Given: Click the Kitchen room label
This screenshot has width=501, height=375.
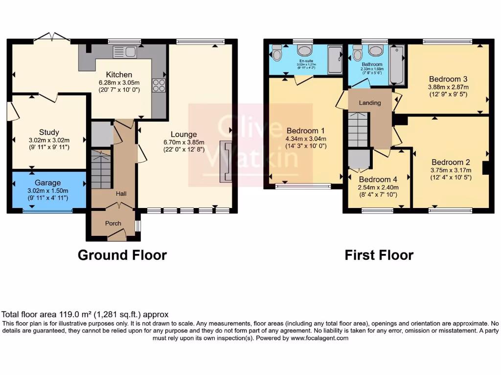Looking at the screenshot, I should [119, 75].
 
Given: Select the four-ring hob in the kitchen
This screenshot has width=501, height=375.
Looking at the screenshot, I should [159, 85].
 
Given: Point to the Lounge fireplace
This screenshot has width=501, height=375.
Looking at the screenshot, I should [227, 162].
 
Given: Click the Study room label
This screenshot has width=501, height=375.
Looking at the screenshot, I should [49, 132].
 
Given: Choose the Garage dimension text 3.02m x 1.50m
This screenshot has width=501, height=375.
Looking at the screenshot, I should [47, 191].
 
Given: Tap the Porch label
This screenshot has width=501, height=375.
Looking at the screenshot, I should [114, 223].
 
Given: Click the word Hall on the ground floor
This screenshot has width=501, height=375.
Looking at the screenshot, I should [121, 194].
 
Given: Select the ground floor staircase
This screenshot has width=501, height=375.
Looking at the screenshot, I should [102, 168].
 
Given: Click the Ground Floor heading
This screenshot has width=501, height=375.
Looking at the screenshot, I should [122, 255].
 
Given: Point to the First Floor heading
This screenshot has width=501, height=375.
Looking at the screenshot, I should [379, 255].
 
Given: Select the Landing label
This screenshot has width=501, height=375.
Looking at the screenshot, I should [370, 103].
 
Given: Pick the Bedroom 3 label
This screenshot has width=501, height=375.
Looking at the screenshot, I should [448, 79].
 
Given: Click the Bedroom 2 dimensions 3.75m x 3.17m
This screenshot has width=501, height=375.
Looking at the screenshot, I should [450, 170].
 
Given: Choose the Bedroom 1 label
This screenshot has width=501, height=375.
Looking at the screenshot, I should [306, 131].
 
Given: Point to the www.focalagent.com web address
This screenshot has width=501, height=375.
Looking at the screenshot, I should [319, 338].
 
